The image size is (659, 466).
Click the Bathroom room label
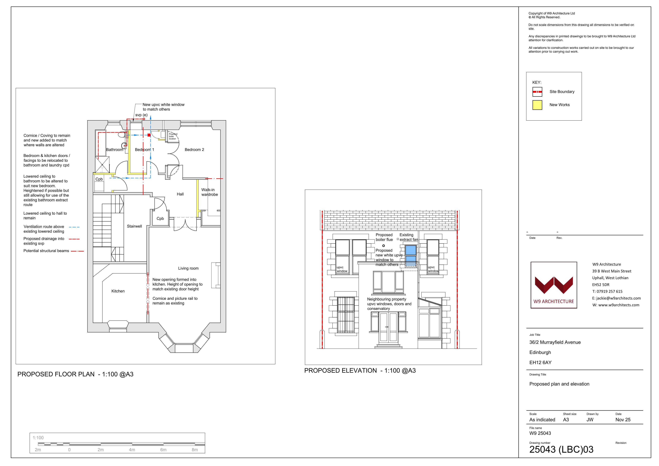pyautogui.click(x=115, y=150)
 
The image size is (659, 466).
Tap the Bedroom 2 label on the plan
pyautogui.click(x=194, y=150)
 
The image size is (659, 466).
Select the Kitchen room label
pyautogui.click(x=118, y=291)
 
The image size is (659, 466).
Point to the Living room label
pyautogui.click(x=188, y=268)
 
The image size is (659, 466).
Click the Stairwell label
pyautogui.click(x=134, y=226)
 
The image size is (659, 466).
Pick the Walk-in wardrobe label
pyautogui.click(x=209, y=192)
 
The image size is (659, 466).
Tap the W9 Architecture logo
pyautogui.click(x=554, y=285)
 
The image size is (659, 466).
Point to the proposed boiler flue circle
pyautogui.click(x=383, y=246)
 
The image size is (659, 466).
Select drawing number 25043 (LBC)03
pyautogui.click(x=561, y=449)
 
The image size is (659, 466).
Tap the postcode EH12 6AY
pyautogui.click(x=540, y=363)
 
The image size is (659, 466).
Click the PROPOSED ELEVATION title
pyautogui.click(x=340, y=371)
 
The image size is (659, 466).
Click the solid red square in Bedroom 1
pyautogui.click(x=149, y=135)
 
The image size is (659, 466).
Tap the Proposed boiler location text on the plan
pyautogui.click(x=173, y=136)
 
